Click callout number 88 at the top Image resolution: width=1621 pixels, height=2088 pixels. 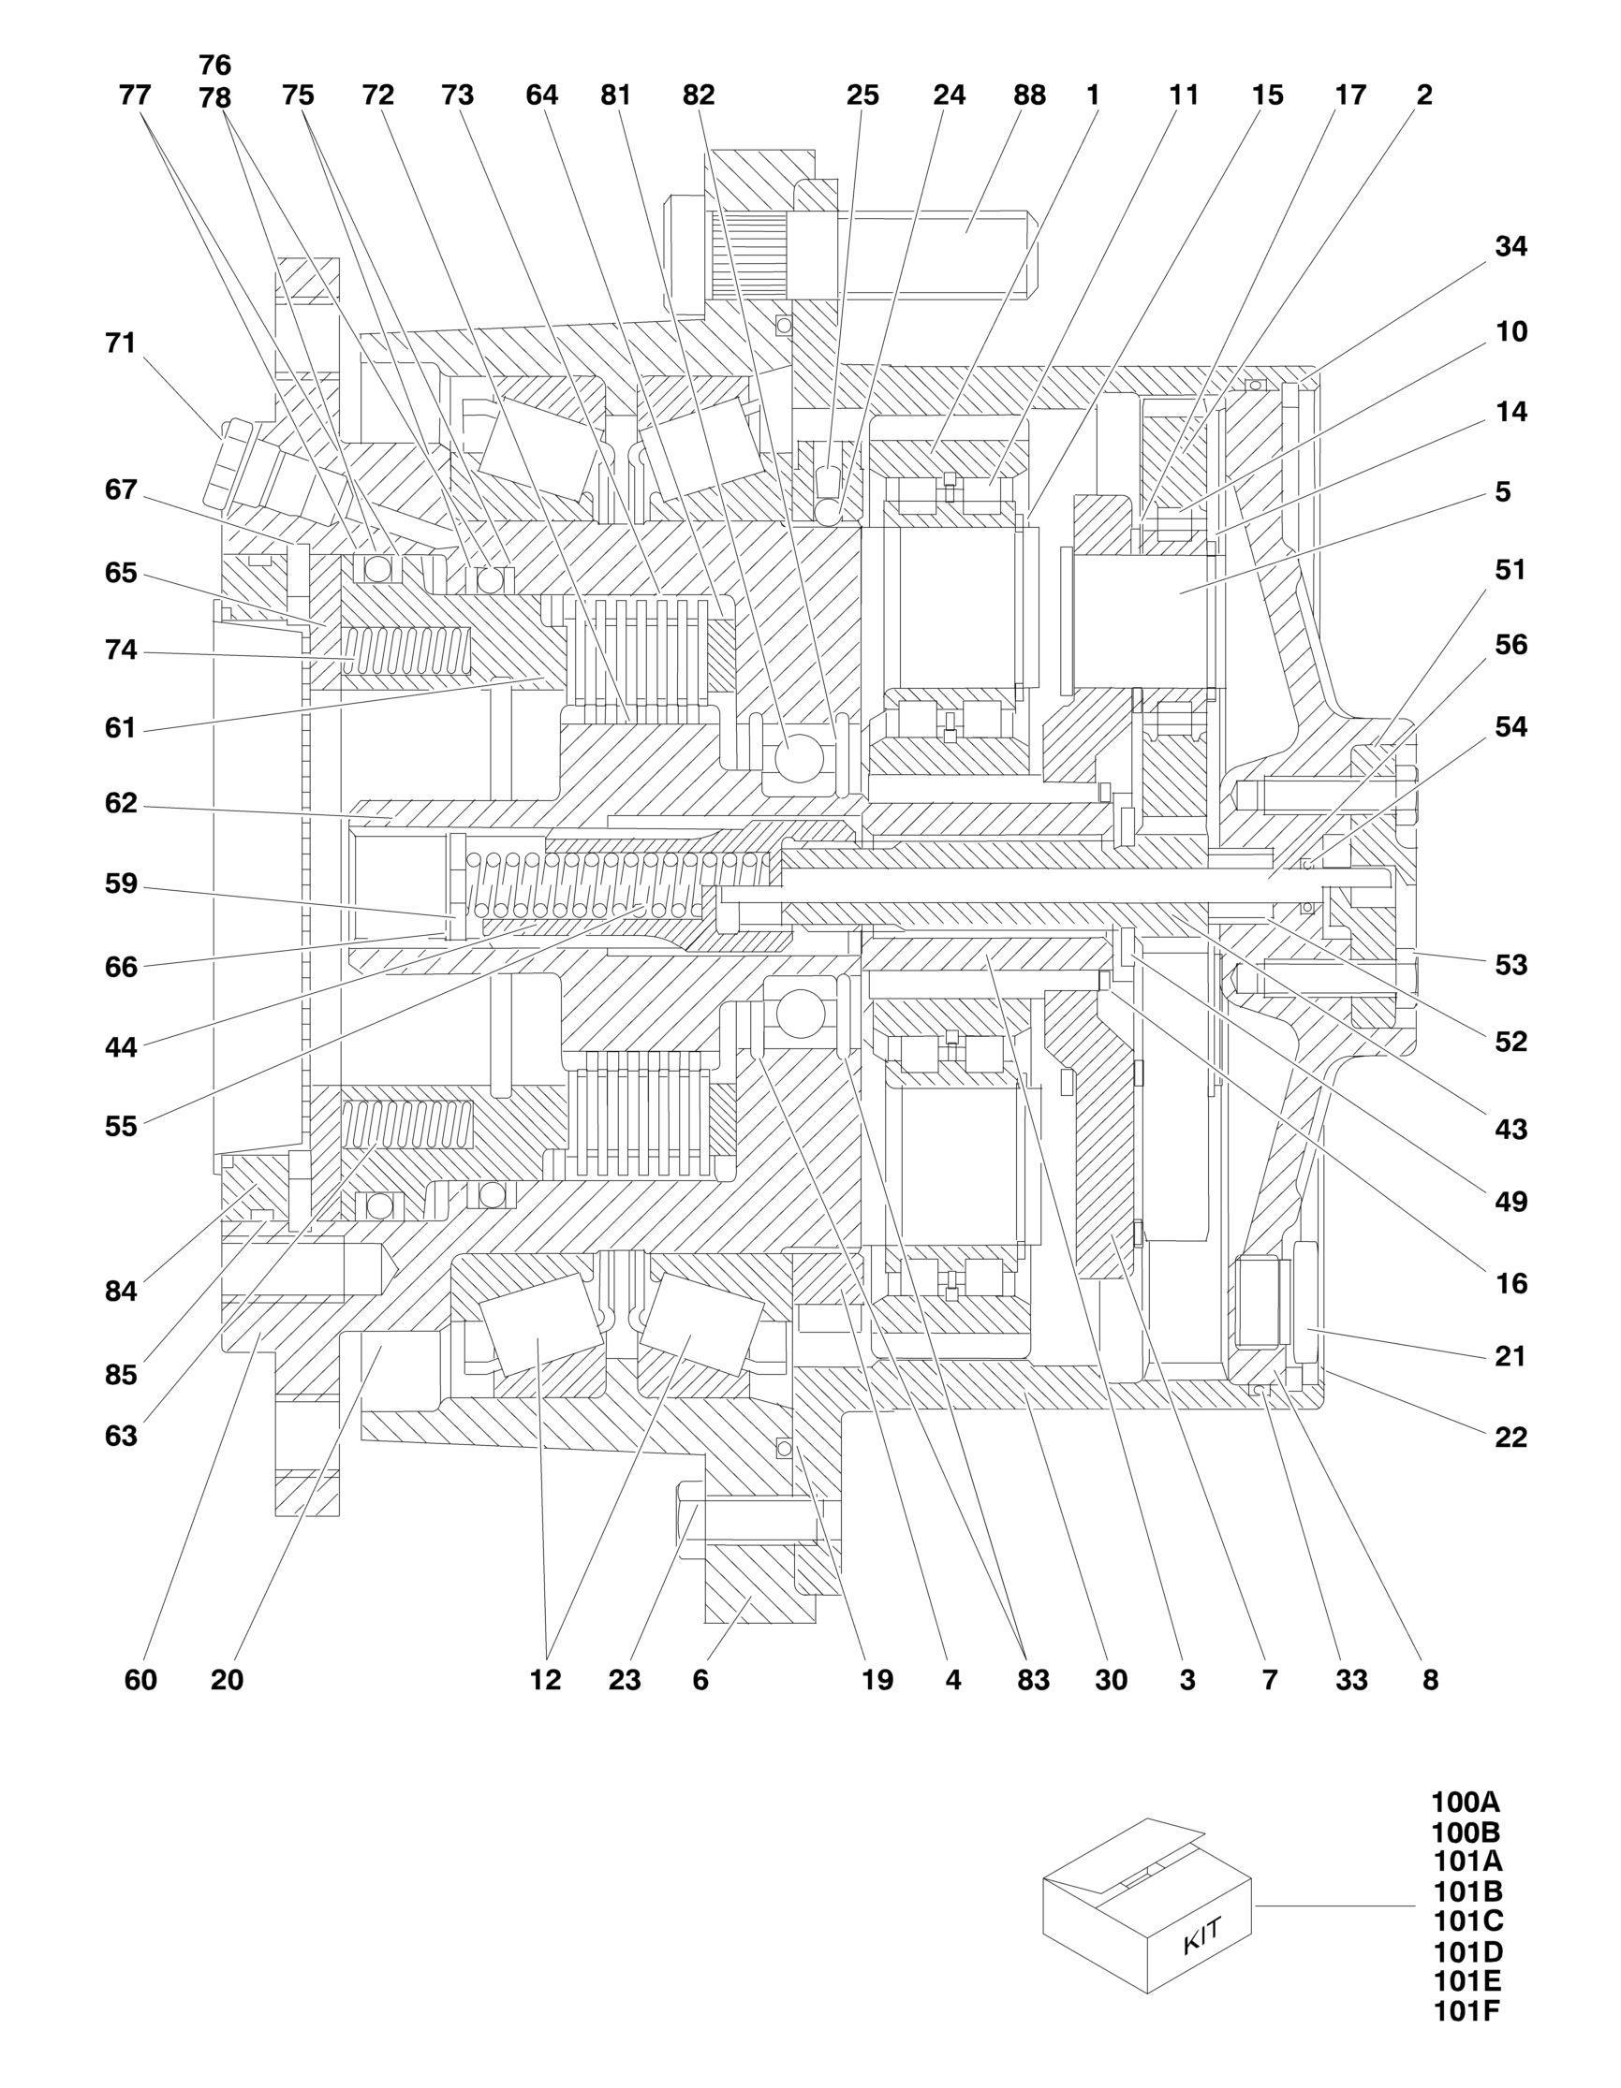(1029, 95)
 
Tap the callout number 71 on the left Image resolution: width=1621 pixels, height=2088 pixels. (121, 343)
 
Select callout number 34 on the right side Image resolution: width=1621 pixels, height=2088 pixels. (1511, 247)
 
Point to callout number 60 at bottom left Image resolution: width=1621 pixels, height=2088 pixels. (140, 1680)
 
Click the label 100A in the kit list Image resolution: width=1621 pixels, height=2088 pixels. (1466, 1803)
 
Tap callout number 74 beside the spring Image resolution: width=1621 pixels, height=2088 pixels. (121, 651)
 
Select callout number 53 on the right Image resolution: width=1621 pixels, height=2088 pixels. (1511, 966)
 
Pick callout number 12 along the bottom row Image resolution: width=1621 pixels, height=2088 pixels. (545, 1680)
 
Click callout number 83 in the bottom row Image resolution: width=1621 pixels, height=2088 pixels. (1033, 1680)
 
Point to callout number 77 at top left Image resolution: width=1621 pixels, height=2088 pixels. (136, 95)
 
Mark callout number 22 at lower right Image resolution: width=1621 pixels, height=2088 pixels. (1511, 1437)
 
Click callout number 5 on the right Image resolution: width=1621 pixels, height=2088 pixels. (1502, 492)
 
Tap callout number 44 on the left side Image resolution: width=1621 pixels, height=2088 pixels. (121, 1047)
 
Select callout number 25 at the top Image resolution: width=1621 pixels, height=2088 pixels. (862, 95)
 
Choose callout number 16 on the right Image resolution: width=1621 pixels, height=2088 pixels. (1511, 1283)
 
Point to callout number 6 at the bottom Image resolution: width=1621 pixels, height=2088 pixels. (700, 1680)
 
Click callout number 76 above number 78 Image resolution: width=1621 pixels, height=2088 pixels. (215, 65)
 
